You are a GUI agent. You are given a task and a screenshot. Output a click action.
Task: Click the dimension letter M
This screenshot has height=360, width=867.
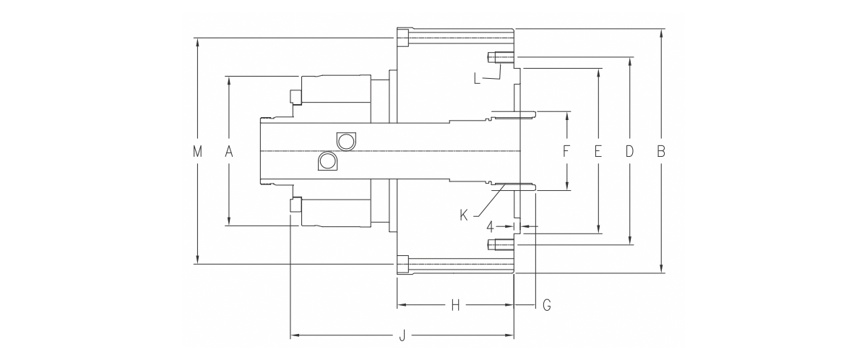coord(197,151)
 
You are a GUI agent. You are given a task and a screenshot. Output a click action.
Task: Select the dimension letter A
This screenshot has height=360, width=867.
coord(229,151)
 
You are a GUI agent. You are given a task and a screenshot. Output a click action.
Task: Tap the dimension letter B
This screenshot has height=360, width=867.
coord(661,151)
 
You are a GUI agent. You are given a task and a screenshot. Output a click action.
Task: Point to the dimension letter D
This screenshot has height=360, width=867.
coord(629,151)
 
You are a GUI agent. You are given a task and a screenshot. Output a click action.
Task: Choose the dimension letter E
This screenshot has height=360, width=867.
coord(598,151)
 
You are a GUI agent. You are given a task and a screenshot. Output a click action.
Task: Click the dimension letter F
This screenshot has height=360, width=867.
coord(566,151)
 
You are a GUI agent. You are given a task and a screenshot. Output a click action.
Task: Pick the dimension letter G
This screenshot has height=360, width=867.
coord(546,305)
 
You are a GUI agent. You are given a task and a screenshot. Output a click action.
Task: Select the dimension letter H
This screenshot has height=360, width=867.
coord(456,305)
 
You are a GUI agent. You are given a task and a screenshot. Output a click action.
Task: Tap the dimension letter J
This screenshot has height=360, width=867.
coord(402,335)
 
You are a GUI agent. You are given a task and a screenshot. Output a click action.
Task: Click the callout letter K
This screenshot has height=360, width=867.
coord(464,215)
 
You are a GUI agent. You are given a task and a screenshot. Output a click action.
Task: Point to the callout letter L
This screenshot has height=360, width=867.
coord(478,79)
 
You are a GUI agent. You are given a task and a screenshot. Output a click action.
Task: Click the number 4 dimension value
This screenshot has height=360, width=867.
coord(490,227)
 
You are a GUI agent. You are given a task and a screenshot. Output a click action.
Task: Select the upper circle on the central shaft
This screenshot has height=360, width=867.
coord(345,141)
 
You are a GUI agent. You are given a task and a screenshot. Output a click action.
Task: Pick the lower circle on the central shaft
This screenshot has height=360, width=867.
coord(327,160)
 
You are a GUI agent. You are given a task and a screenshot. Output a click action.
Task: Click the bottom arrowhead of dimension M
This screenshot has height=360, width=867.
coord(198,259)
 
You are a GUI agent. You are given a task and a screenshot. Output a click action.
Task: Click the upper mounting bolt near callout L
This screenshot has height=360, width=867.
coord(501,58)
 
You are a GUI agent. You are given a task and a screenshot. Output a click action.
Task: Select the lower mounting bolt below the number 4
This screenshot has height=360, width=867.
coord(501,244)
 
